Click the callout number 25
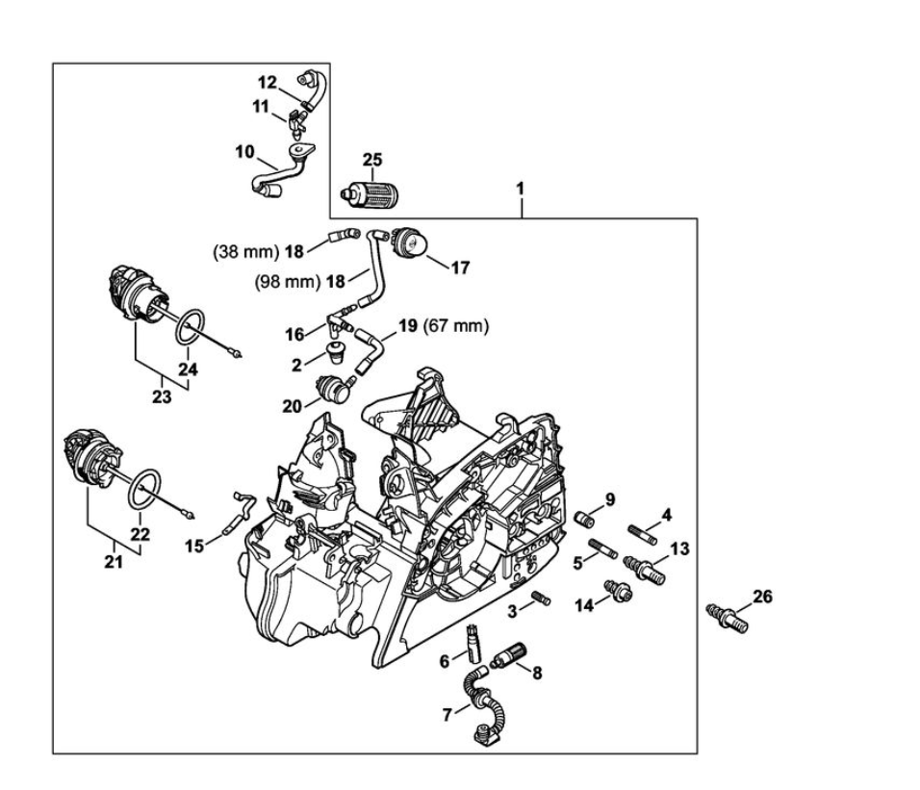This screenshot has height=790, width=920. (372, 160)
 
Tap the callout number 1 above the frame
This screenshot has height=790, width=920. (521, 190)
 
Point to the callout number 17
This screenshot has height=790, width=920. (460, 268)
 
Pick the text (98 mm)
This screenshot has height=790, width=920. (285, 283)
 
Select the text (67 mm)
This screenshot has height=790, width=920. (458, 326)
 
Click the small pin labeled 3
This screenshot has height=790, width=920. (540, 599)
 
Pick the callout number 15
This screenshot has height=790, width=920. (194, 546)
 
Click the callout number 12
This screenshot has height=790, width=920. (267, 82)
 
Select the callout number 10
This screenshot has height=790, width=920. (244, 152)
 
